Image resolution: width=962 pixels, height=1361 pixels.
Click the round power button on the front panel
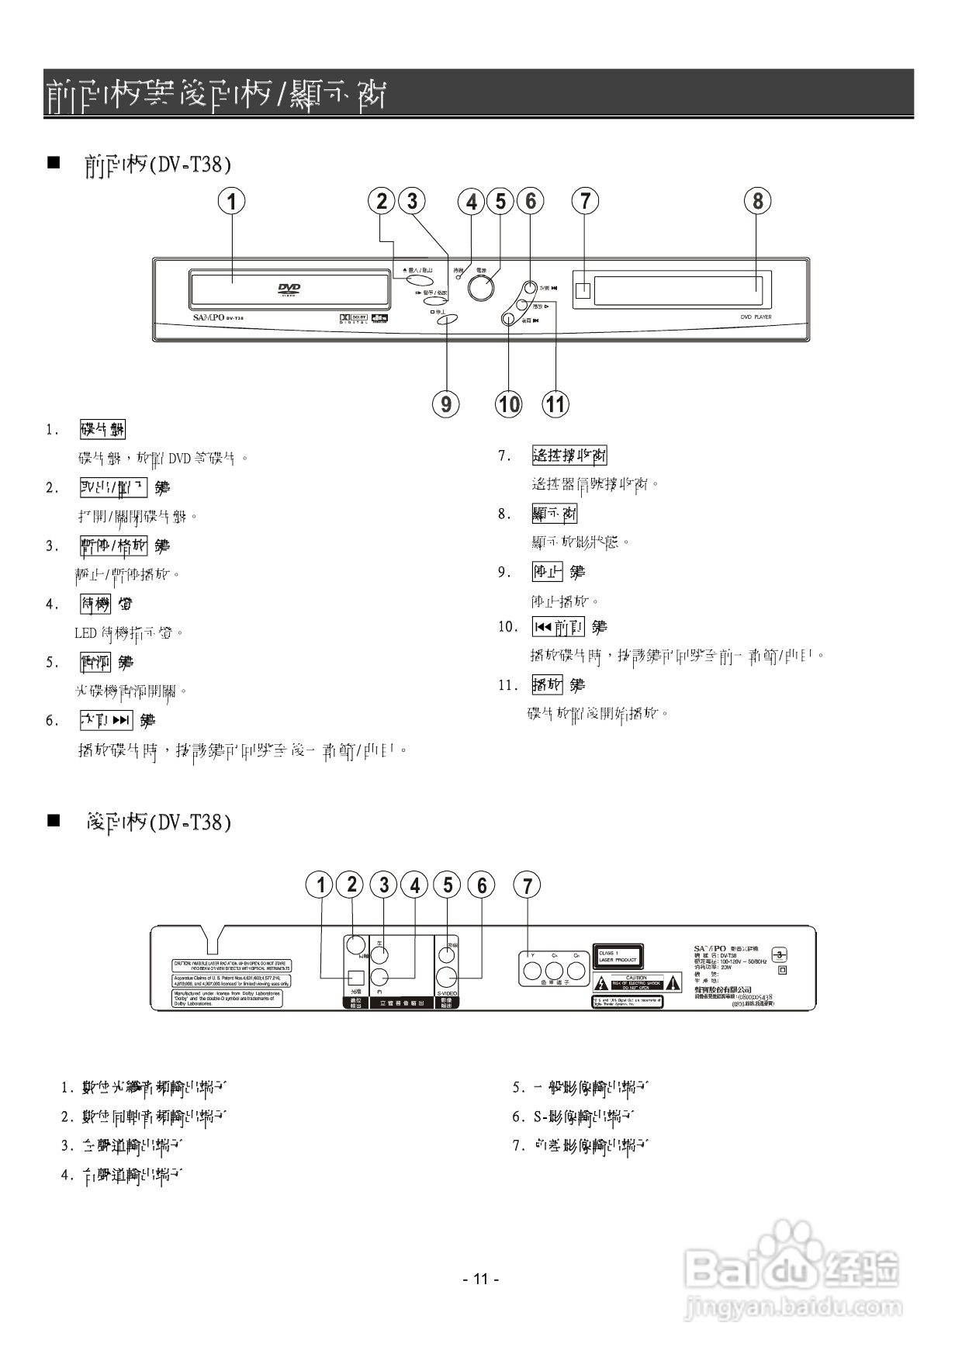click(481, 288)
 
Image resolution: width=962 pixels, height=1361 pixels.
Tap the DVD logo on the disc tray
click(289, 289)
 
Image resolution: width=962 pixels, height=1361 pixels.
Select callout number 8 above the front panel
click(757, 201)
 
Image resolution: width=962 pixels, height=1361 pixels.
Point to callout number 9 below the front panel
click(446, 403)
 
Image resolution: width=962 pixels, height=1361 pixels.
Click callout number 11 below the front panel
click(555, 403)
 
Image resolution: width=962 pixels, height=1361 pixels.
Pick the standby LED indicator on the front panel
click(459, 277)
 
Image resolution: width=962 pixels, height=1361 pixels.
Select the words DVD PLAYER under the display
click(756, 317)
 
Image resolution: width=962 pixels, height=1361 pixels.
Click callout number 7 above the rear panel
click(528, 885)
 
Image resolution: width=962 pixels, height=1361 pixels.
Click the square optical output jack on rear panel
click(355, 978)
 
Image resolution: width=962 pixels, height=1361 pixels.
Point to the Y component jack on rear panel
click(532, 971)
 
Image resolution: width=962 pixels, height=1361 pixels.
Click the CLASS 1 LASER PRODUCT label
click(618, 956)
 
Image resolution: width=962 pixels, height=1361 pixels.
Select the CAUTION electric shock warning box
click(636, 982)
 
